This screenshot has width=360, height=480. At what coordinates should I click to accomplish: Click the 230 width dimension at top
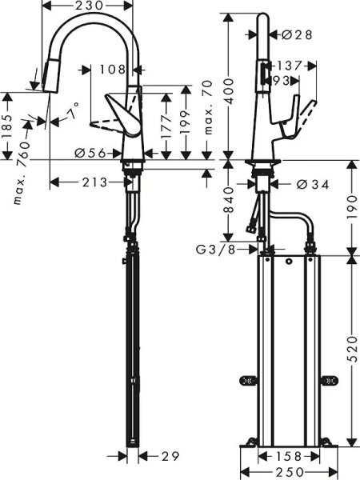click(x=90, y=6)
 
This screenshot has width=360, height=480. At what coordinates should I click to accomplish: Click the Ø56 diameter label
click(x=91, y=152)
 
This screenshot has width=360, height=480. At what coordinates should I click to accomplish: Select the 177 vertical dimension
click(x=166, y=125)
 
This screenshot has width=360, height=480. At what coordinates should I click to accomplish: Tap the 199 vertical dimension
click(x=185, y=125)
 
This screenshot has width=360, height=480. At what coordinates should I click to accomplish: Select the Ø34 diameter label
click(x=312, y=184)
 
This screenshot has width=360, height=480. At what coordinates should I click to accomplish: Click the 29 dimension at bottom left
click(x=167, y=456)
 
